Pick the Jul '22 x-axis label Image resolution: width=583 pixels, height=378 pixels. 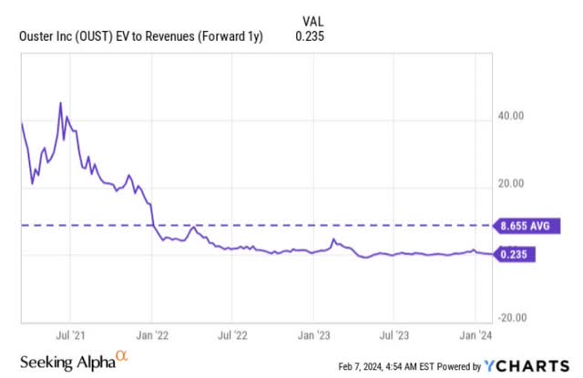(233, 335)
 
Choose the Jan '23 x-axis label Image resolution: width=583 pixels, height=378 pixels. (313, 335)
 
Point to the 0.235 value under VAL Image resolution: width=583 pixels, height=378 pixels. (310, 36)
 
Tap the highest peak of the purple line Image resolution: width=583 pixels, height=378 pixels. (60, 104)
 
